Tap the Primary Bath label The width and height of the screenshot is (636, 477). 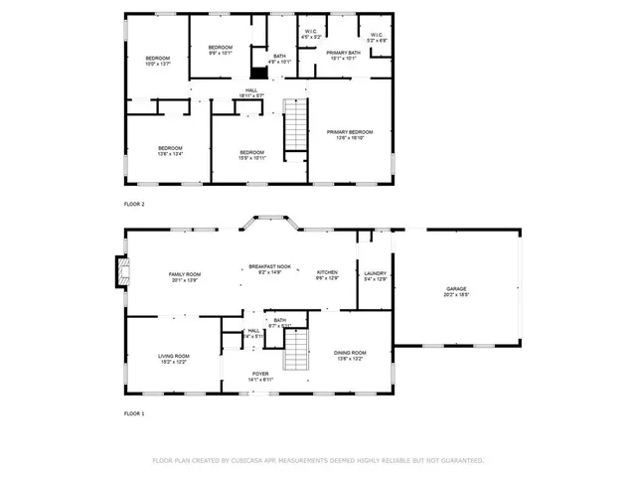343,55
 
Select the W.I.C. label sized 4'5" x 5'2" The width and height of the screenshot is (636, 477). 311,36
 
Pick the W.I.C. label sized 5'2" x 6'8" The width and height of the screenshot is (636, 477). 377,38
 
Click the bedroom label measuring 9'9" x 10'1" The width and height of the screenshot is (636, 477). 220,51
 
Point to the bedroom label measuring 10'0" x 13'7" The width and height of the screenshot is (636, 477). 159,61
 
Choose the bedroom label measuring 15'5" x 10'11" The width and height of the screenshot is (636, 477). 251,154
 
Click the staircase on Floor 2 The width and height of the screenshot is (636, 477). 294,127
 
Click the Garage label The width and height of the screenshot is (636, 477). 456,291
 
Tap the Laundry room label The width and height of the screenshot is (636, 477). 375,275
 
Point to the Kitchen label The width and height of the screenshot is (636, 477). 327,275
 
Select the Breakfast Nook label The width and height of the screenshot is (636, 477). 269,269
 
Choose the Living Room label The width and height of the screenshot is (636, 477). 174,359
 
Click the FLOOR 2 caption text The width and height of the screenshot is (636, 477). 134,204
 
